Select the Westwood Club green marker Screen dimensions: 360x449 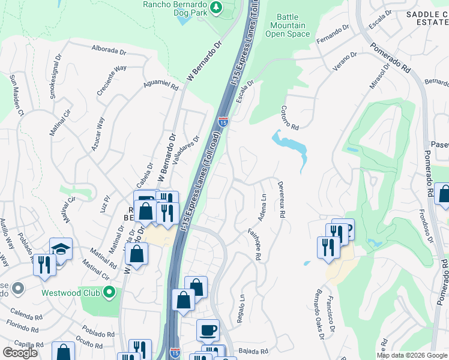coord(109,293)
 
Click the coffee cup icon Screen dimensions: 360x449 coord(208,331)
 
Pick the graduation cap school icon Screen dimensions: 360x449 coord(61,248)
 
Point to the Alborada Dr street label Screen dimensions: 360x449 coord(111,49)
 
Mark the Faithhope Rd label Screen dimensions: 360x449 coord(255,244)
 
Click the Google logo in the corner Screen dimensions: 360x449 coord(20,353)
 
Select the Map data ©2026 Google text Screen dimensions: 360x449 coord(412,355)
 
